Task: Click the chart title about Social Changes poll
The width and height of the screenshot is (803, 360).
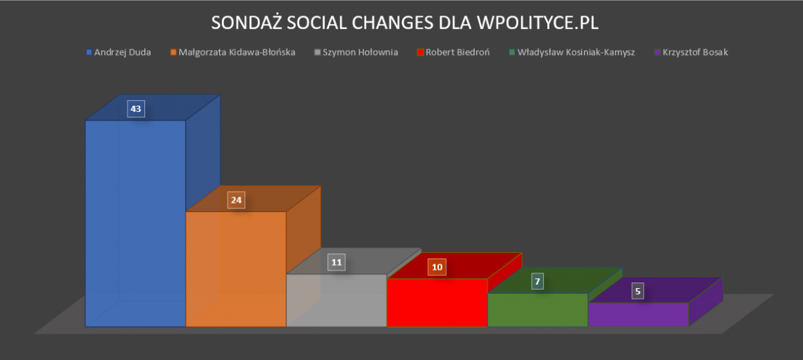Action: [x=404, y=23]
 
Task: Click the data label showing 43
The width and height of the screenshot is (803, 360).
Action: [x=136, y=109]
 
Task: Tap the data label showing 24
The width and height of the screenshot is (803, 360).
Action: [x=236, y=200]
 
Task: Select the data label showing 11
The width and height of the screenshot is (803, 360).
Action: [x=337, y=263]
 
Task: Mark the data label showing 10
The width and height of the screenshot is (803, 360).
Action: [x=437, y=267]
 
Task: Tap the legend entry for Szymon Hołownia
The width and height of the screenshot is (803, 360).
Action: [x=359, y=52]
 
